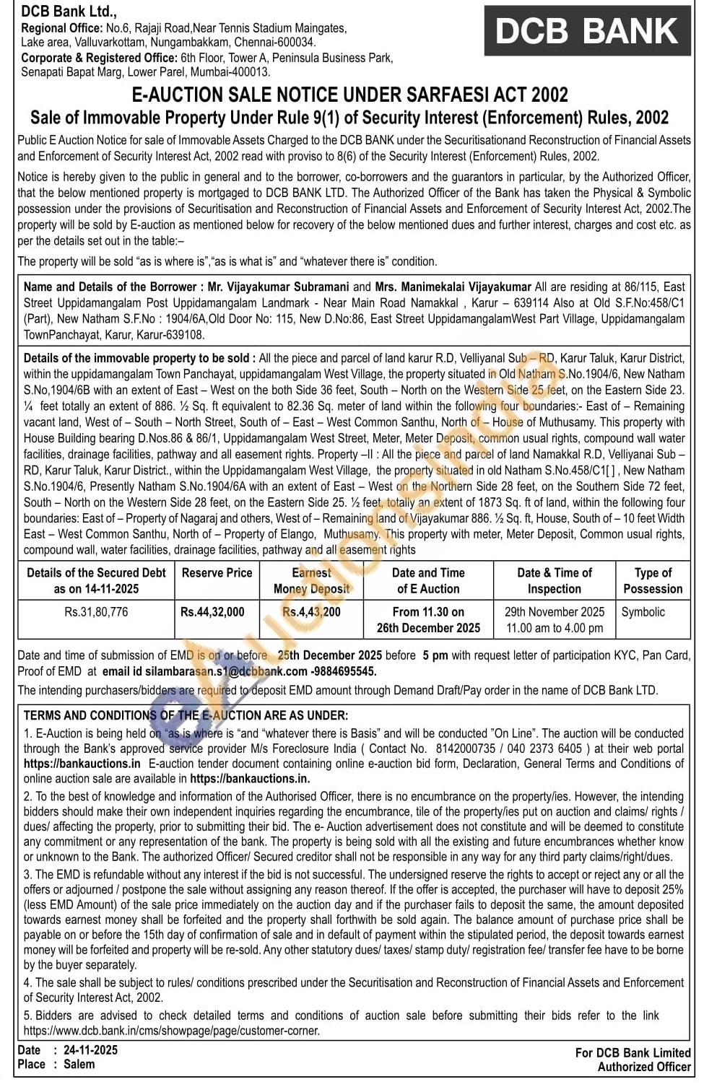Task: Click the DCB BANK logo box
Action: click(586, 31)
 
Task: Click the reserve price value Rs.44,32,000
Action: click(212, 612)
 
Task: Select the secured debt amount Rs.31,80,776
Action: click(96, 612)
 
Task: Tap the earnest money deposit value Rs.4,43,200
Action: click(311, 612)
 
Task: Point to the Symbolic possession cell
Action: click(643, 612)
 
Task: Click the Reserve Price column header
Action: click(217, 573)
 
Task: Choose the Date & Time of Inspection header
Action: click(554, 580)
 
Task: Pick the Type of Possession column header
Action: click(653, 580)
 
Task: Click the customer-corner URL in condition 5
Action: click(172, 1031)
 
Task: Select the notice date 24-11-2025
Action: click(90, 1050)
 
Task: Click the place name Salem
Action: click(79, 1065)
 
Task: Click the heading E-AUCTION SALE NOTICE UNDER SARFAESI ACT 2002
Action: click(349, 95)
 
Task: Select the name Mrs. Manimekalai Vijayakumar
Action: click(453, 287)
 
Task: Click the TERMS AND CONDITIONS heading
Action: click(186, 716)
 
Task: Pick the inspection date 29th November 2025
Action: click(554, 612)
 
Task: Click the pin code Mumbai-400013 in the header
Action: click(237, 72)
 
